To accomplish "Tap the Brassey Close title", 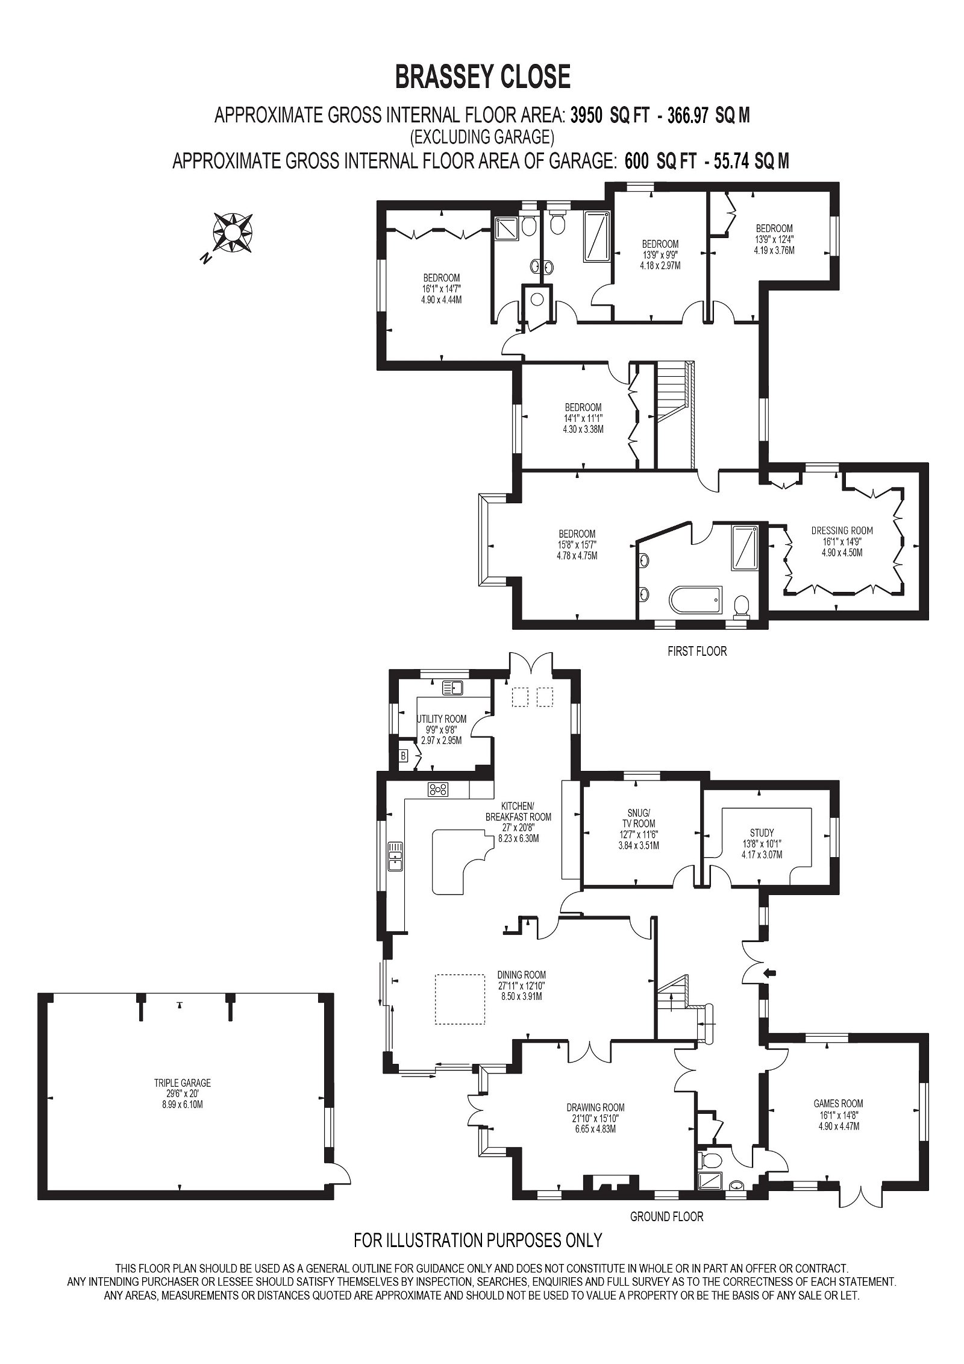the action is pos(482,77).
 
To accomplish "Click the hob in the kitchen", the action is pos(438,789).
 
